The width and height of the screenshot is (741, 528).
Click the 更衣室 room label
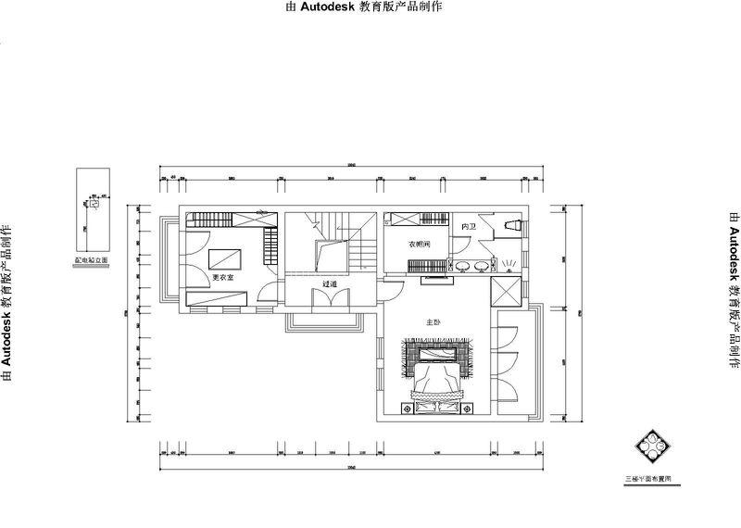[x=222, y=278]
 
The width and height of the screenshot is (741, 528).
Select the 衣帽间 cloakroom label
[x=420, y=245]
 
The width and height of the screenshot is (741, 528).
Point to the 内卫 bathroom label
[x=468, y=226]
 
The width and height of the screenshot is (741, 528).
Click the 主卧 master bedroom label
[x=432, y=322]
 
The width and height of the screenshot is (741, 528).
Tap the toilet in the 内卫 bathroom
[x=511, y=225]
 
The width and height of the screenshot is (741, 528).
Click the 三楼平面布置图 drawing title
[x=653, y=479]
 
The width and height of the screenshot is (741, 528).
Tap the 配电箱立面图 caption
[x=92, y=261]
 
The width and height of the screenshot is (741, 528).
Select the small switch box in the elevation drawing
[x=93, y=207]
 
